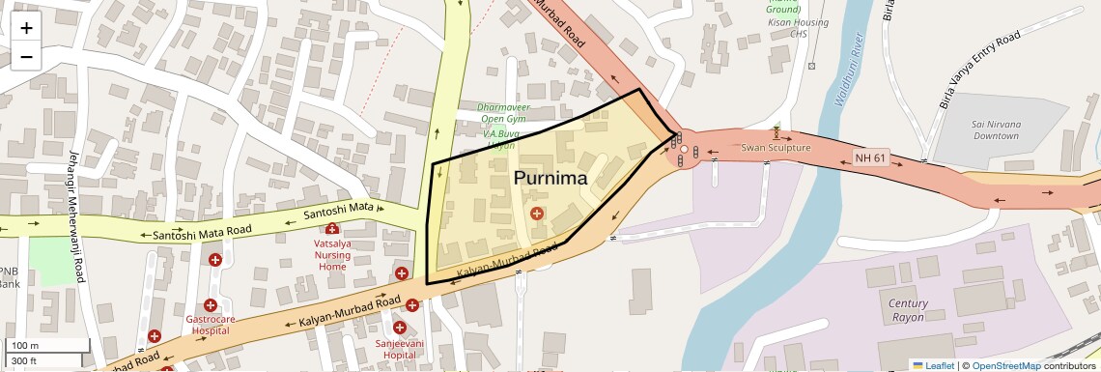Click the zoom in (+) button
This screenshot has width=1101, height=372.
point(26,27)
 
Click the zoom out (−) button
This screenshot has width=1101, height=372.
point(26,56)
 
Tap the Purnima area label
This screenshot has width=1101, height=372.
point(550,178)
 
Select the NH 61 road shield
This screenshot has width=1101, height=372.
point(870,157)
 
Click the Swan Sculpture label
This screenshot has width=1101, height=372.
point(776,148)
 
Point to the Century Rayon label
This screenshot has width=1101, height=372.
point(908,310)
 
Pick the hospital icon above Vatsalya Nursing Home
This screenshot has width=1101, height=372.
point(332,229)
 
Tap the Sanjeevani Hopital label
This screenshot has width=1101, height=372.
point(399,348)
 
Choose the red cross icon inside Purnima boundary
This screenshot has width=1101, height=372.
point(536,213)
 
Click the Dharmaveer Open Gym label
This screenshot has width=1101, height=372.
point(502,113)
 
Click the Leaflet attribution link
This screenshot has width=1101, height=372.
point(933,365)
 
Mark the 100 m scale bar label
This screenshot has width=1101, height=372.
point(25,346)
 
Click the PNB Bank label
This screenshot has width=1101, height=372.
point(9,277)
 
